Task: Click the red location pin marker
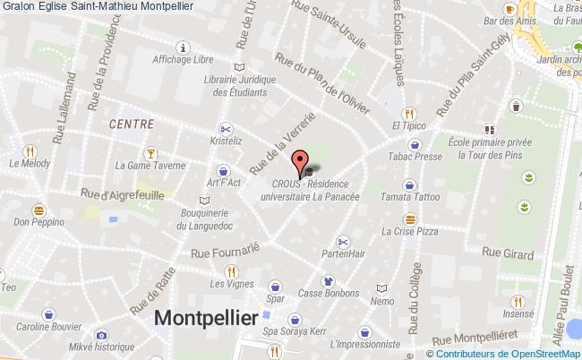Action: pyautogui.click(x=298, y=164)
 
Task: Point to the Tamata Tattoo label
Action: pyautogui.click(x=408, y=196)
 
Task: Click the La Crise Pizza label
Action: pyautogui.click(x=409, y=231)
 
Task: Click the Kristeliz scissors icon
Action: pyautogui.click(x=225, y=127)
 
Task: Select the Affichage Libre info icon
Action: pyautogui.click(x=184, y=47)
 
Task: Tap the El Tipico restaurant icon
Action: pyautogui.click(x=409, y=114)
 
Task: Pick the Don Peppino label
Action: pyautogui.click(x=41, y=221)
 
